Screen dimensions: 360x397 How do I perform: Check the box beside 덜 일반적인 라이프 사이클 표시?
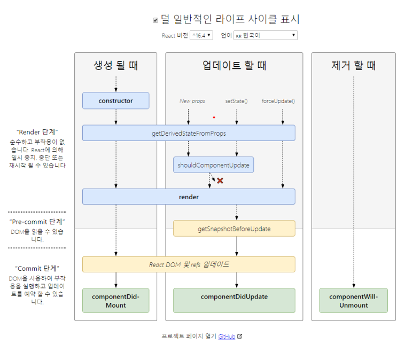pyautogui.click(x=155, y=20)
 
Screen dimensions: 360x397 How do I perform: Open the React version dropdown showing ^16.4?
pyautogui.click(x=201, y=35)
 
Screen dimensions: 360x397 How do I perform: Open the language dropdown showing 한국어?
pyautogui.click(x=266, y=35)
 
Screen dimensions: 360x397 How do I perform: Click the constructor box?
pyautogui.click(x=115, y=100)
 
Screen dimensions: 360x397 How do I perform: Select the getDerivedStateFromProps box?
pyautogui.click(x=189, y=133)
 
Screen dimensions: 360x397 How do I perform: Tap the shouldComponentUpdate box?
pyautogui.click(x=213, y=165)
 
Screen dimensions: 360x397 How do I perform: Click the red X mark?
pyautogui.click(x=220, y=181)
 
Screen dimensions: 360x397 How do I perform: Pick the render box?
pyautogui.click(x=189, y=197)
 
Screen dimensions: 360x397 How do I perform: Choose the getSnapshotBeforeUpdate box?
pyautogui.click(x=234, y=229)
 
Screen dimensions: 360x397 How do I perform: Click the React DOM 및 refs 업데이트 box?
pyautogui.click(x=189, y=264)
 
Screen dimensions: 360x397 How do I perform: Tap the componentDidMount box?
pyautogui.click(x=115, y=301)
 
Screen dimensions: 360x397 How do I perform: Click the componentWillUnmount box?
pyautogui.click(x=353, y=301)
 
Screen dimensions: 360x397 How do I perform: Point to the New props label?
pyautogui.click(x=192, y=101)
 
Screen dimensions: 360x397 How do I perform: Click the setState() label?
pyautogui.click(x=236, y=101)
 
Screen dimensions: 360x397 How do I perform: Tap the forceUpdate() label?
pyautogui.click(x=278, y=101)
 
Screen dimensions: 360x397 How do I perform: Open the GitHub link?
pyautogui.click(x=227, y=336)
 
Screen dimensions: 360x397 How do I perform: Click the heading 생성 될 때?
pyautogui.click(x=115, y=66)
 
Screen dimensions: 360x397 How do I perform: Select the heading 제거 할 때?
pyautogui.click(x=353, y=66)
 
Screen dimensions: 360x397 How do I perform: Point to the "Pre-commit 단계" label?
pyautogui.click(x=37, y=221)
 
